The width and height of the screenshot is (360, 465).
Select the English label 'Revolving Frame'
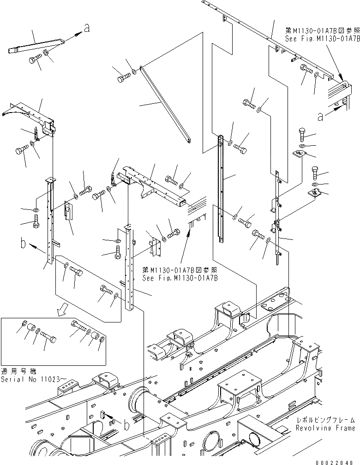click(x=326, y=428)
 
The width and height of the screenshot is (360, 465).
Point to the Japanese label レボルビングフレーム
click(x=326, y=420)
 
